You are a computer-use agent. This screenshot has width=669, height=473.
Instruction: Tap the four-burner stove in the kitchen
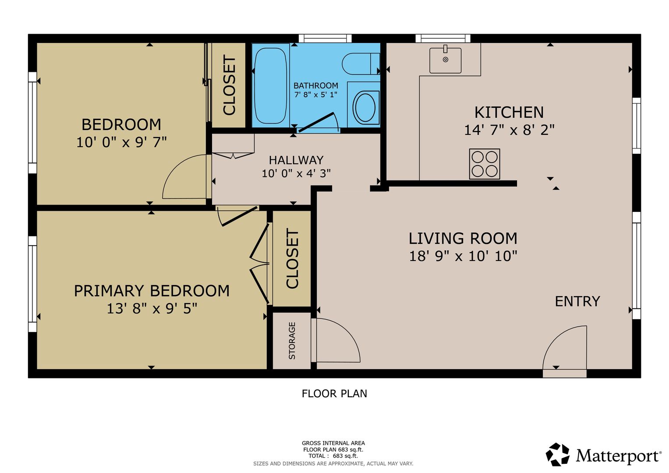tap(485, 164)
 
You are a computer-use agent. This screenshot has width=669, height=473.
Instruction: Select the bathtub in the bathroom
tap(271, 85)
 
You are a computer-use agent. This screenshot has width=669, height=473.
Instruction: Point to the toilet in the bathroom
tap(361, 64)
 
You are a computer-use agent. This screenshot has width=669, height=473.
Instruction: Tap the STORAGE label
tap(292, 341)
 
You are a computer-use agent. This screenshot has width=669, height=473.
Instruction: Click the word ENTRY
tap(577, 301)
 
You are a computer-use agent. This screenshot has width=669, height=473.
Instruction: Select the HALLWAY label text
tap(296, 160)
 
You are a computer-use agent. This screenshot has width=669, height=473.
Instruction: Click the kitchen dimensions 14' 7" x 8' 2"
tap(509, 130)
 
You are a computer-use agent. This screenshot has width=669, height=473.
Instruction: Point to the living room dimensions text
tap(463, 256)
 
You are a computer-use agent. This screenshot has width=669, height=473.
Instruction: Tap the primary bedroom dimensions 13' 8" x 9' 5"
tap(152, 308)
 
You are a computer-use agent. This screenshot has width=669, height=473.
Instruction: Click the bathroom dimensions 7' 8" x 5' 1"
tap(316, 95)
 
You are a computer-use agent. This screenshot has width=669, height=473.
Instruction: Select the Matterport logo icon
tap(557, 455)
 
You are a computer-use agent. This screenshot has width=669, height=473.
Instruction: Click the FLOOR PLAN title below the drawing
tap(334, 394)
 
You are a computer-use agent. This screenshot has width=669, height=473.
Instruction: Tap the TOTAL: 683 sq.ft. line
tap(333, 456)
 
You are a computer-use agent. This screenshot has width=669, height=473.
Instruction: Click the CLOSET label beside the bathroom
tap(230, 85)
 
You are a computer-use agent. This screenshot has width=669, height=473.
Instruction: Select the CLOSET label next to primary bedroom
tap(292, 258)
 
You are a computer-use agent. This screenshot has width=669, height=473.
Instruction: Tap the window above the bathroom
tap(325, 39)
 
